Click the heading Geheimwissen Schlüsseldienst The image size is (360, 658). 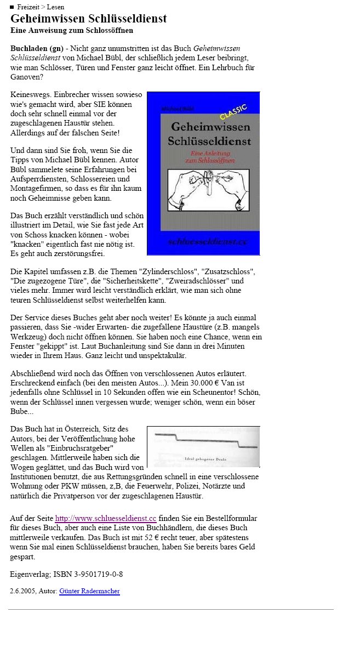(88, 19)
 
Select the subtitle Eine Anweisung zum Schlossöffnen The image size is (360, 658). (72, 31)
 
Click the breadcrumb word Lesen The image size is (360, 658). (55, 7)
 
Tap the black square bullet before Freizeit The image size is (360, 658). (12, 7)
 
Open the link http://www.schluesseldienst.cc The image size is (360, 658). (106, 518)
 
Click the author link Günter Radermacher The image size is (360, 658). (89, 591)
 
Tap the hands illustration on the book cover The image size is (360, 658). (208, 190)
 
